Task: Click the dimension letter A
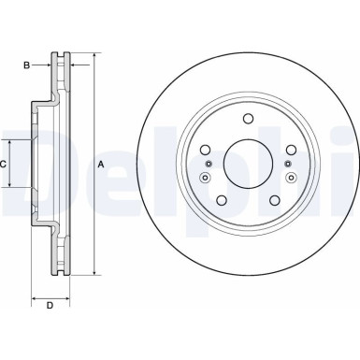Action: pos(101,166)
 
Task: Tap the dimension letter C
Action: pos(5,164)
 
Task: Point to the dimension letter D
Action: pos(50,306)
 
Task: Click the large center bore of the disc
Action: pos(248,163)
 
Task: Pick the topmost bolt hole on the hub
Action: pos(248,118)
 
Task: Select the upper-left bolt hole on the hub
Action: pos(206,150)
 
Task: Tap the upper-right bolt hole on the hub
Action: pos(290,150)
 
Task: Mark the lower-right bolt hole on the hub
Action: pos(274,199)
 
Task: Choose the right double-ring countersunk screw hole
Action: pos(290,177)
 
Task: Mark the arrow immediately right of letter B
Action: pos(46,65)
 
